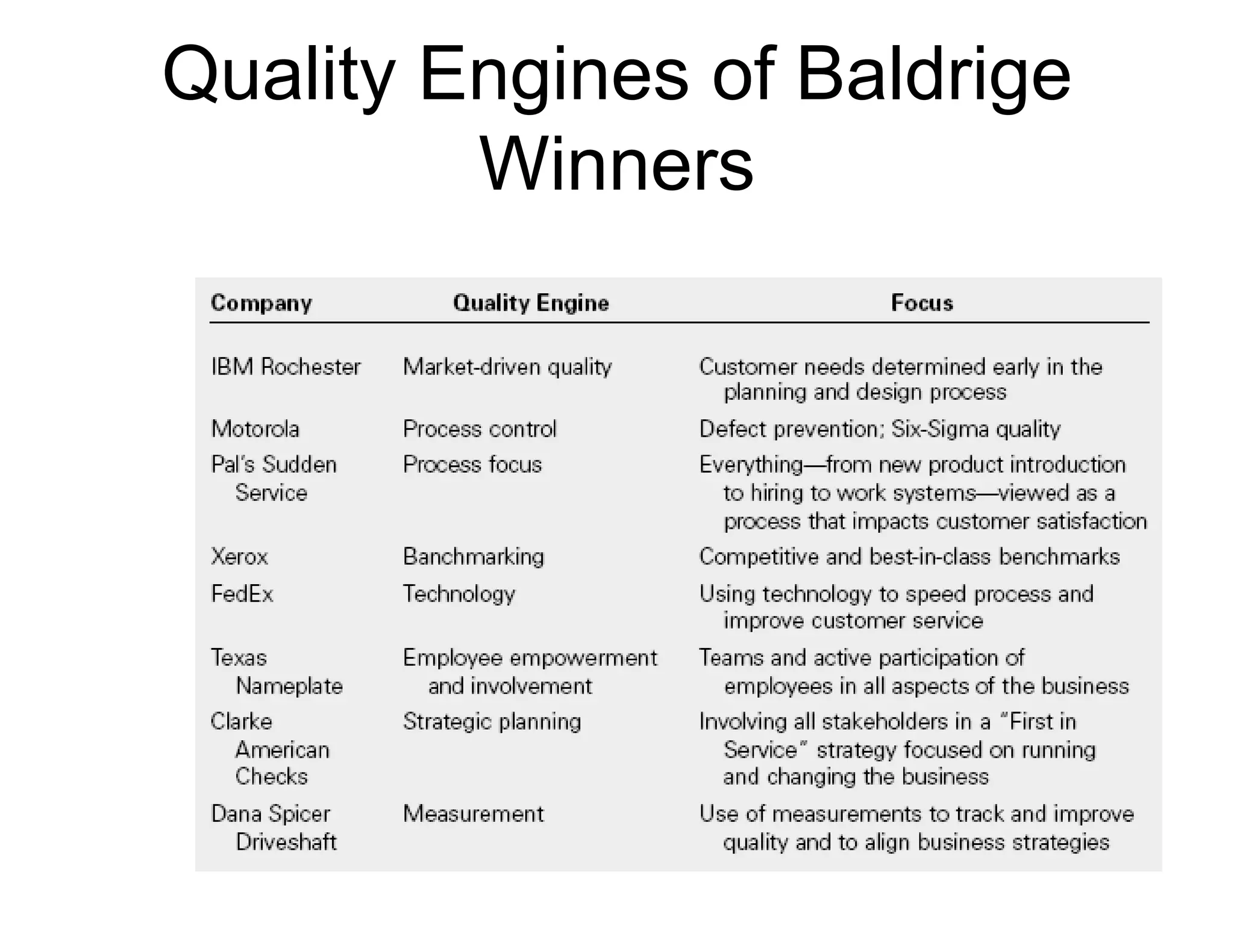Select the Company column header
262,303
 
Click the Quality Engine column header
531,303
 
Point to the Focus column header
922,303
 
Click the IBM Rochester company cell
286,367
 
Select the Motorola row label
255,429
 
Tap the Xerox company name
239,557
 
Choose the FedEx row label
242,594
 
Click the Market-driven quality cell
507,367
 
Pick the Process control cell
480,429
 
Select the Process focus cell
472,465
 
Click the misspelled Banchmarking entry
474,557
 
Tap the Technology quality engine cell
459,594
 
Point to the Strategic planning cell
492,721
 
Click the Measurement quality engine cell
474,814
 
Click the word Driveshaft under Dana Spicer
286,842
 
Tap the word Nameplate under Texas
289,687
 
